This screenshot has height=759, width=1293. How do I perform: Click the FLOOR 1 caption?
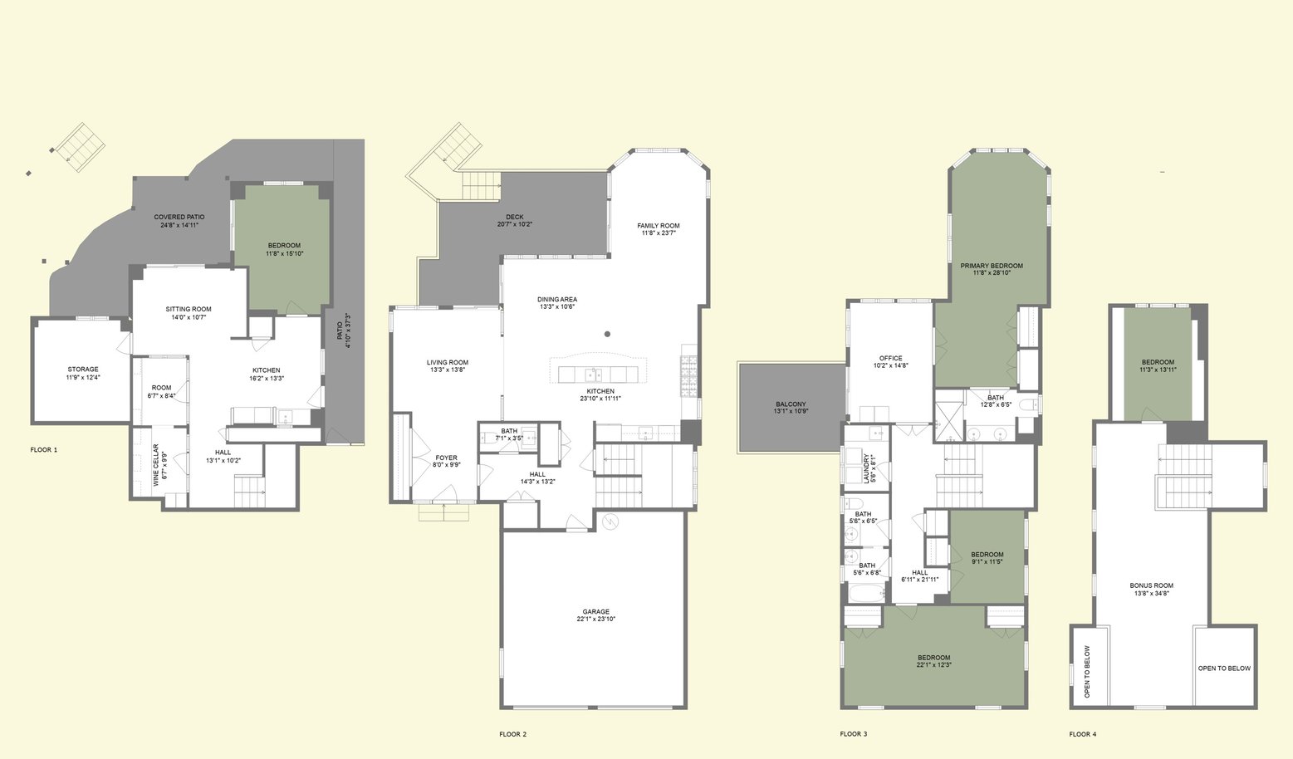click(x=44, y=449)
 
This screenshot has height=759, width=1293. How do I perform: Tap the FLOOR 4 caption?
click(x=1082, y=734)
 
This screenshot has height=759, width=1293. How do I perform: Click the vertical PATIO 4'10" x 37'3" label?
click(x=344, y=331)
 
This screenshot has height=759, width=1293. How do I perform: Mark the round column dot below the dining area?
click(x=607, y=334)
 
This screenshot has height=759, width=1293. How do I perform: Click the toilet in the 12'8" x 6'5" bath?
click(x=1028, y=404)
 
